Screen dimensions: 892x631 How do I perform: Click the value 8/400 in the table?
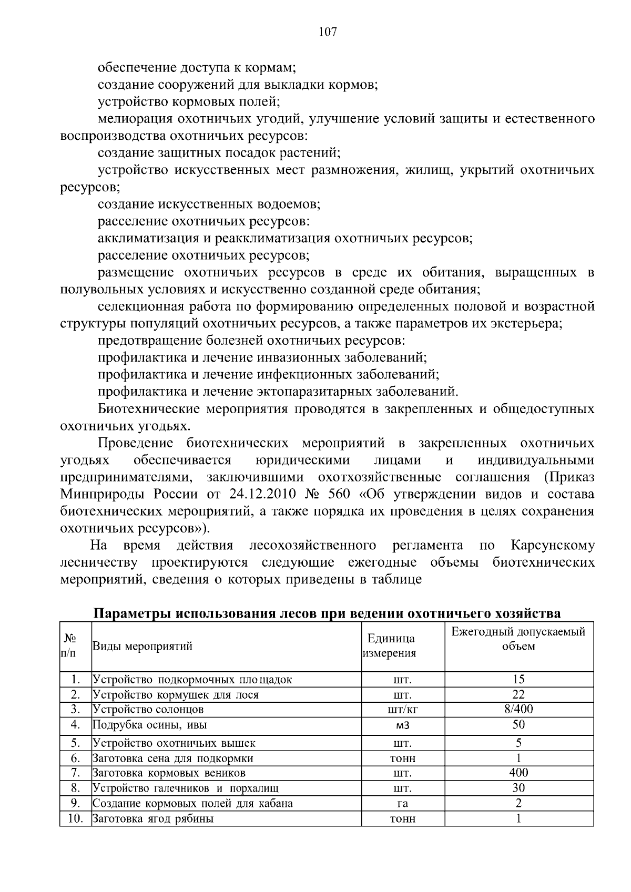[518, 709]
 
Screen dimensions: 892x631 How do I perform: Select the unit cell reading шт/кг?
[402, 710]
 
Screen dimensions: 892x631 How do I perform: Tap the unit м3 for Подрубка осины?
[402, 726]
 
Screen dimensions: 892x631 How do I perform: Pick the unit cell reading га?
[403, 804]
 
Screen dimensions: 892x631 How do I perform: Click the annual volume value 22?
[518, 694]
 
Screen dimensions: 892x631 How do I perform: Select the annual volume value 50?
[518, 725]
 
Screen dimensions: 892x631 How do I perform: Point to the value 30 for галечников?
[518, 788]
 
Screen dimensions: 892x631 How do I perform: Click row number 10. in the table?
[76, 818]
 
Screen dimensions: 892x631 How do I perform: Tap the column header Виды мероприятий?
[143, 646]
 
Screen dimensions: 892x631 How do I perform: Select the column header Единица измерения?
[390, 646]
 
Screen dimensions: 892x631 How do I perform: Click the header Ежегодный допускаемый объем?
[518, 639]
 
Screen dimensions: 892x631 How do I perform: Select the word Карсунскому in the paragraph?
[552, 545]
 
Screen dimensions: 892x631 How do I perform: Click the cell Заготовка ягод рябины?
[153, 819]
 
